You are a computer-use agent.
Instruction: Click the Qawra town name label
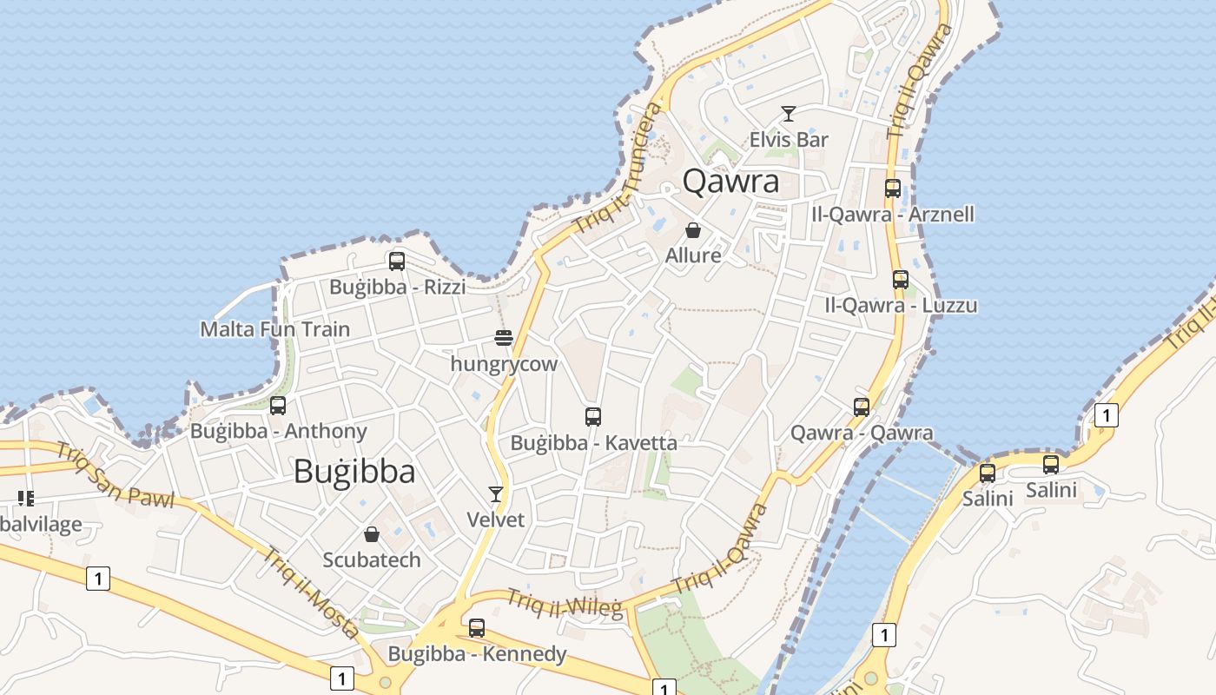click(730, 182)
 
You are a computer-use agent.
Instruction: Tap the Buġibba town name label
click(354, 471)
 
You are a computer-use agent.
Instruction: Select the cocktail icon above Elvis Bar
click(789, 114)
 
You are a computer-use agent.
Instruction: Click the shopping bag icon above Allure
click(693, 230)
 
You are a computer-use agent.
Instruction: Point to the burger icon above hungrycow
click(504, 337)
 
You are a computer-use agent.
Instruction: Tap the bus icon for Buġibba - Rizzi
click(397, 261)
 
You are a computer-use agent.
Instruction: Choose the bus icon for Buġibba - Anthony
click(278, 405)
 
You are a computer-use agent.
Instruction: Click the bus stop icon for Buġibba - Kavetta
click(593, 416)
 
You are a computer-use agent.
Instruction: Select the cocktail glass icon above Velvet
click(496, 494)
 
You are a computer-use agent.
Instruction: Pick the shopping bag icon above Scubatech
click(372, 533)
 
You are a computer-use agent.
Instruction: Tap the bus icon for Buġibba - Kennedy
click(477, 627)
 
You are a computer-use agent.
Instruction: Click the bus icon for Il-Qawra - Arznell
click(893, 188)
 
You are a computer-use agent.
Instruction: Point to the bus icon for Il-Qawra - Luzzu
click(901, 279)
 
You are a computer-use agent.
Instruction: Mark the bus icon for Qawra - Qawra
click(862, 407)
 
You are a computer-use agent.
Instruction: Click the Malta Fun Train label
click(275, 329)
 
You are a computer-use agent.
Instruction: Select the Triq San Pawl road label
click(116, 475)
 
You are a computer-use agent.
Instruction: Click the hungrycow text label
click(504, 364)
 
